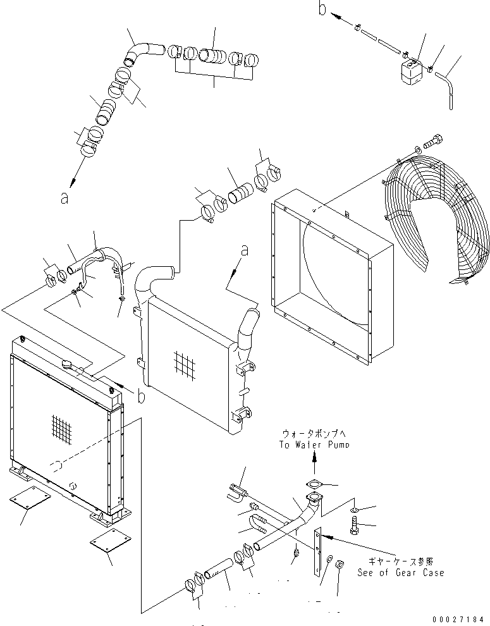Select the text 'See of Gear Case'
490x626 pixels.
coord(400,572)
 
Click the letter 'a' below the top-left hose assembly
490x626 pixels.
coord(63,197)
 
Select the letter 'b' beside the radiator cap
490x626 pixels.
coord(140,396)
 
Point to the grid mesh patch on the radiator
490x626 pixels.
coord(62,428)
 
